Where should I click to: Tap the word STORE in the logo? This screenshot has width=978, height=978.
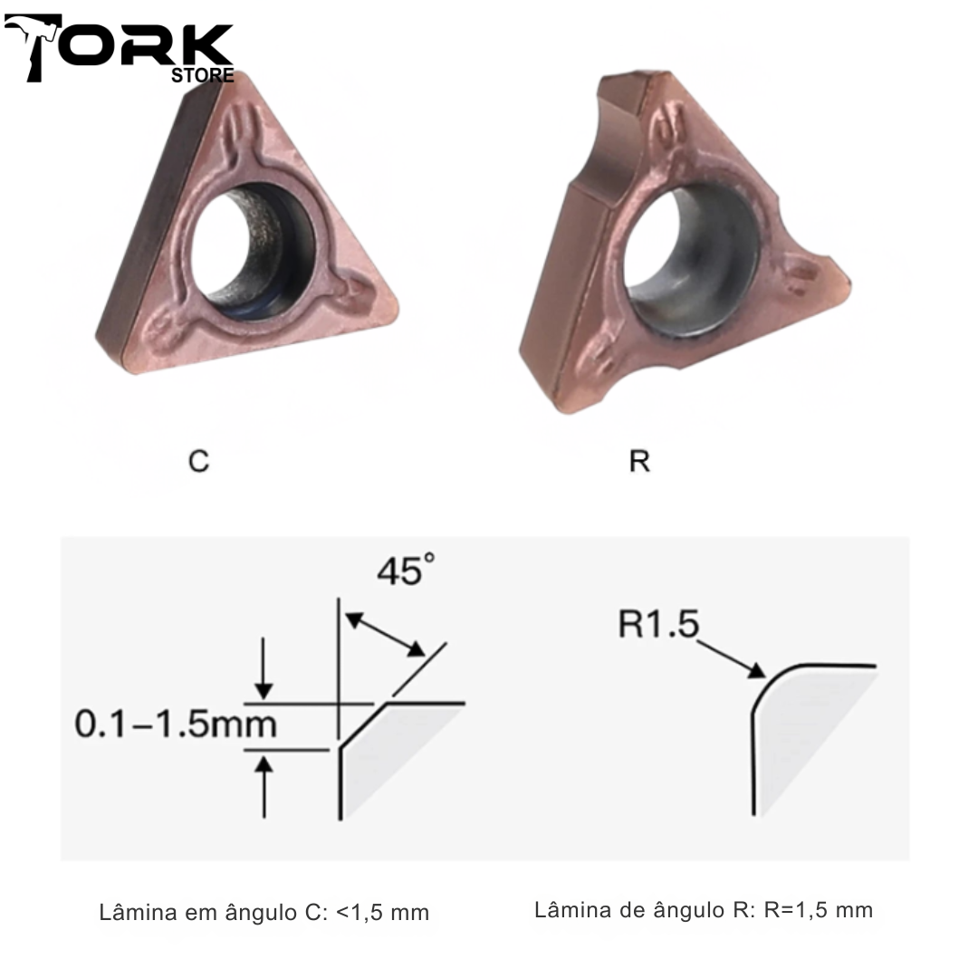click(203, 75)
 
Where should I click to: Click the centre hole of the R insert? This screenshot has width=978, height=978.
click(693, 255)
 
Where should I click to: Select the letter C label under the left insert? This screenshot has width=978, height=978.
click(198, 462)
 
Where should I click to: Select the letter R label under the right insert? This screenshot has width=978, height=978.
click(639, 462)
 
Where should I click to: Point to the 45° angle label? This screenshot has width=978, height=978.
click(406, 570)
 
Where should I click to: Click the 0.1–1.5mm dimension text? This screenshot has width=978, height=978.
click(176, 724)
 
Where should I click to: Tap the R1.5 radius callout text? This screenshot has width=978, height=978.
click(658, 624)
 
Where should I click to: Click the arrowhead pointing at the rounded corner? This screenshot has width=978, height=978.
click(756, 671)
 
